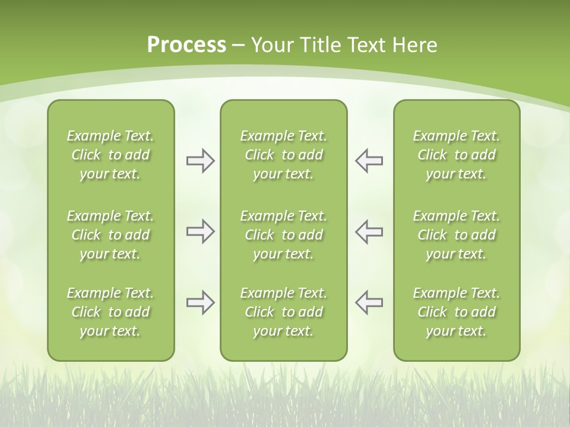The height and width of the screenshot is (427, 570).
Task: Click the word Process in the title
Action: pos(186,45)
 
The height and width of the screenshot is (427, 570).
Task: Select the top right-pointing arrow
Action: pos(200,161)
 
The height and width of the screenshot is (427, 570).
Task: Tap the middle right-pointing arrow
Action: pos(200,231)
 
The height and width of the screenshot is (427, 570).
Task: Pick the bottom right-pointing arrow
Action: pos(200,302)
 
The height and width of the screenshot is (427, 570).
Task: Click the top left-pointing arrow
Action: pos(369,161)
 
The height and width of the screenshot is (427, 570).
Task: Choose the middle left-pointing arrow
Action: pos(369,231)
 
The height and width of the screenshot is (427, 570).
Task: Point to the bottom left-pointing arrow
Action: pos(369,302)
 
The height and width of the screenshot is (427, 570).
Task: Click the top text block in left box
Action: pos(110,155)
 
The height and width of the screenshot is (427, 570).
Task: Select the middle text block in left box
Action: pos(110,235)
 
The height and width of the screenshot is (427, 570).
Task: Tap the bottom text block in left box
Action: pos(110,312)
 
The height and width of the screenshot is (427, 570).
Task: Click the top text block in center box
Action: pos(283,155)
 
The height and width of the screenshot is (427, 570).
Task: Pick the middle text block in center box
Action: pos(283,235)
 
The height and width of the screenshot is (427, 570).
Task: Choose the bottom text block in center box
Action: pos(283,312)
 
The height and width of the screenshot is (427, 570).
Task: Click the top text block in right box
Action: pos(457,155)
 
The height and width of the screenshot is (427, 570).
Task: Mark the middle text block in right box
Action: pos(457,235)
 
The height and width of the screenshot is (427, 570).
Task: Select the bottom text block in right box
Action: pos(457,312)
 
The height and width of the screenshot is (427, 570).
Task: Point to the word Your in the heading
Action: pos(271,45)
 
